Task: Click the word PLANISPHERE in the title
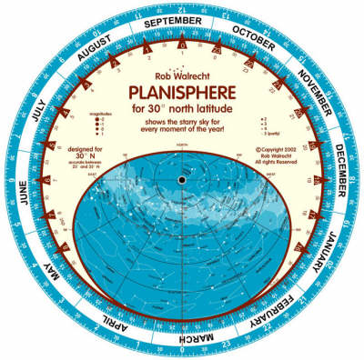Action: [182, 92]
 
